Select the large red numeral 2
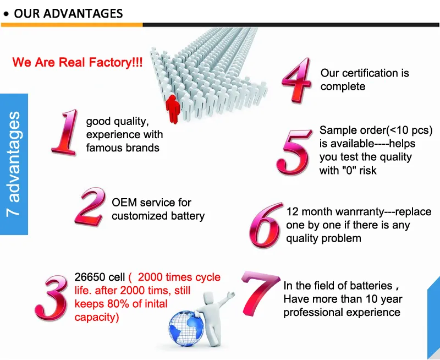(x=90, y=206)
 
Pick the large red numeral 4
(x=297, y=80)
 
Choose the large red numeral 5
(x=294, y=152)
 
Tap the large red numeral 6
(x=266, y=225)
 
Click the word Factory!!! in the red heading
(x=116, y=62)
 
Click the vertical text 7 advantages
(x=14, y=164)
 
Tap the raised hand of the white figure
(x=231, y=295)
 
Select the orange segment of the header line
(x=72, y=25)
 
